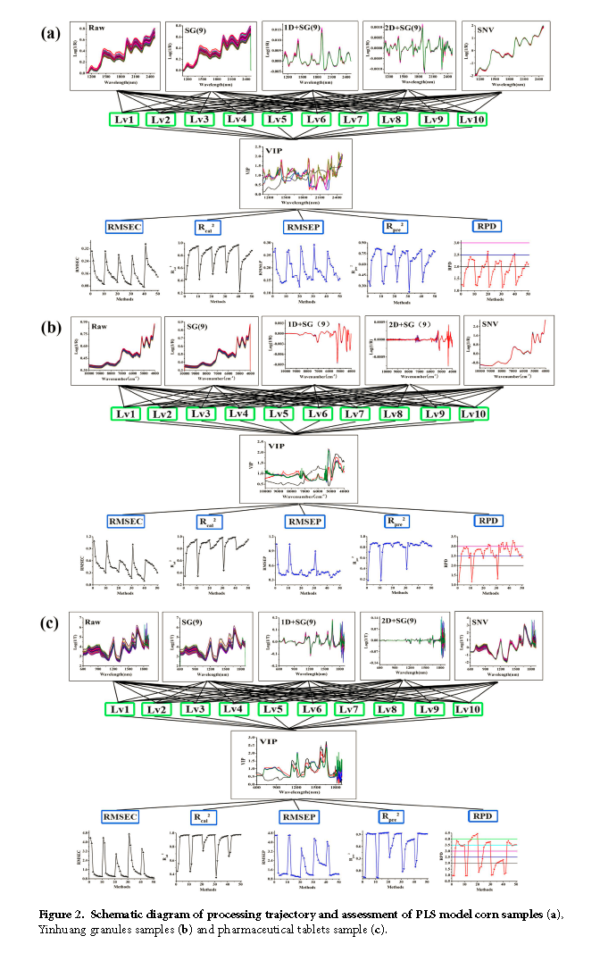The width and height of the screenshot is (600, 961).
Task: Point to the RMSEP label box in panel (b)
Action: pos(301,521)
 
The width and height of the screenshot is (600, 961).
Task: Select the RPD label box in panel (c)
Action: pos(481,815)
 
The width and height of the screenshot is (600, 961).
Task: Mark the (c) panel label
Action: pos(52,623)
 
